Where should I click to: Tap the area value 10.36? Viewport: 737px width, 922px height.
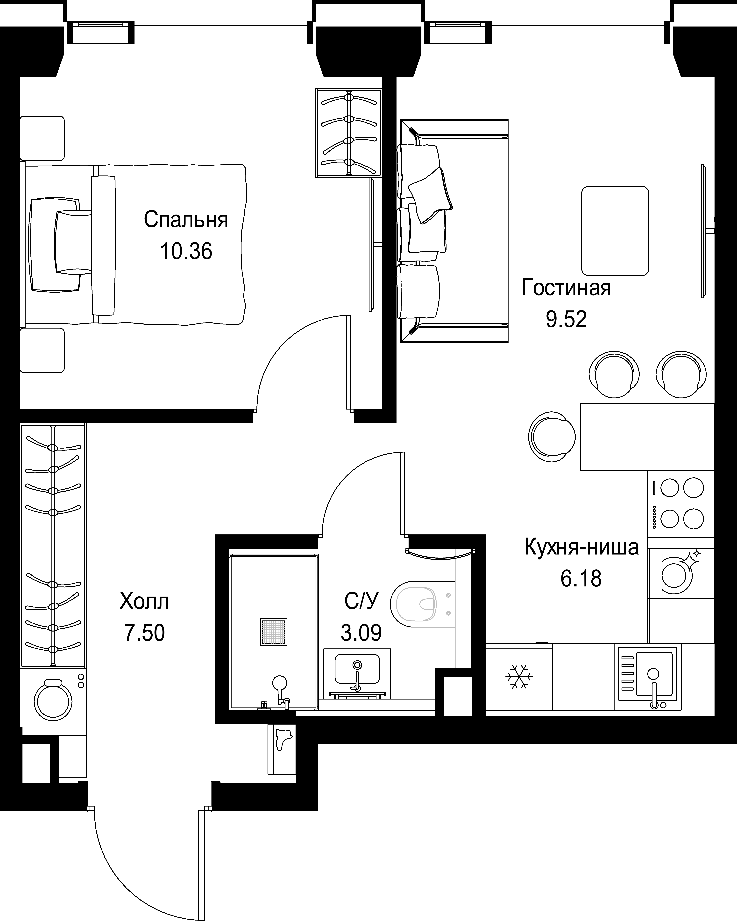(x=186, y=251)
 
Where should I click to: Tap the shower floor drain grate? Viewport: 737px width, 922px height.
(x=273, y=632)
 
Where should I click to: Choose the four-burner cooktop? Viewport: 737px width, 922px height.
(x=681, y=504)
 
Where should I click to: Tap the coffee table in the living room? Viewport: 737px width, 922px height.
(x=615, y=231)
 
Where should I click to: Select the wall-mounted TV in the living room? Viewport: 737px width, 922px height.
(x=703, y=231)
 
